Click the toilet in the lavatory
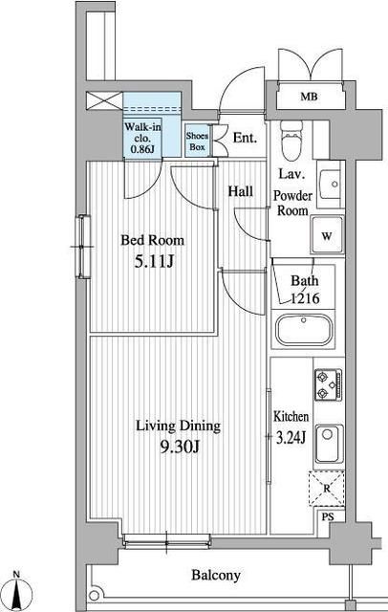pos(291,140)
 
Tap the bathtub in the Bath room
pos(305,330)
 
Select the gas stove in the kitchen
pos(329,384)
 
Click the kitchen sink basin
pos(329,444)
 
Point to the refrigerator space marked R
pos(327,489)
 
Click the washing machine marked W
pos(327,235)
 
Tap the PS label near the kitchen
pos(328,516)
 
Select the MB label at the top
pos(309,97)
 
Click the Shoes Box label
pos(197,142)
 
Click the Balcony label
pos(216,575)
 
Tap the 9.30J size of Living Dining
pos(180,448)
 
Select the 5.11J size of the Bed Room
pos(154,261)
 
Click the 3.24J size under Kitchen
pos(291,438)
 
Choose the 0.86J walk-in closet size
pos(142,149)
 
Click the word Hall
pos(241,191)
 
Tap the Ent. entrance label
pos(246,138)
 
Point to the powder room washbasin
pos(330,185)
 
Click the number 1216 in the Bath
pos(305,298)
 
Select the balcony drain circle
pos(94,596)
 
